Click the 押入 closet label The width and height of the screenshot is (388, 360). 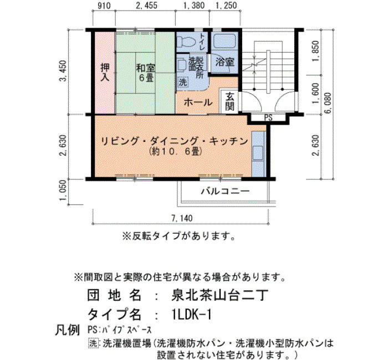point(105,73)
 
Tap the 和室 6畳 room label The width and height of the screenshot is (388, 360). point(146,73)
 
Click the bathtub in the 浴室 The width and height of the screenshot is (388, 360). point(225,41)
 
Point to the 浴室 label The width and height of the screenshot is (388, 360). point(224,61)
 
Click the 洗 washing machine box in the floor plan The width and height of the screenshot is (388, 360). point(183,82)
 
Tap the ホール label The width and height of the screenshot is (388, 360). point(198,102)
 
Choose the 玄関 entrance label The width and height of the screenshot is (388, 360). point(229,101)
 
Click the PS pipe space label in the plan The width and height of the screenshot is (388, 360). point(268,117)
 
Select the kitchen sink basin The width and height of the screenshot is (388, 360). point(258,153)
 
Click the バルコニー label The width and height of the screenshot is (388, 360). point(225,191)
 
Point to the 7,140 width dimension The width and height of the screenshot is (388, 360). point(182,218)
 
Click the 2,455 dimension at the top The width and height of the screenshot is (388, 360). point(146,6)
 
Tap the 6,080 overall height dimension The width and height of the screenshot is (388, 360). point(328,103)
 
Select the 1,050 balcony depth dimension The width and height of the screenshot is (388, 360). point(63,191)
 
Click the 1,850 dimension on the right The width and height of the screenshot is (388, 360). point(316,52)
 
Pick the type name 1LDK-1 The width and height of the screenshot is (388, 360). point(192,315)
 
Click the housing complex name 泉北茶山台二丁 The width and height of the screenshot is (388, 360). point(219,295)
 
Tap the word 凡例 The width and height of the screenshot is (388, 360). point(67,330)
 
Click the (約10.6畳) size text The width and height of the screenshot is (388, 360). point(175,152)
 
